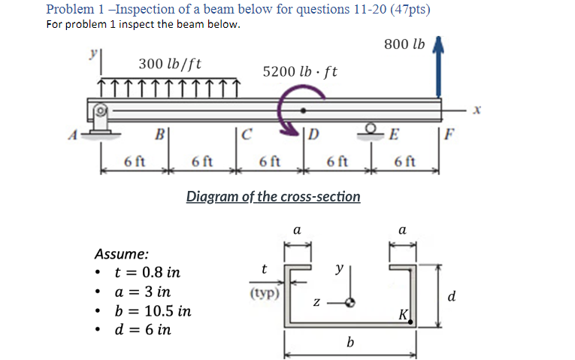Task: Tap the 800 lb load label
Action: point(404,45)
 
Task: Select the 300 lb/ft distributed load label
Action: point(170,63)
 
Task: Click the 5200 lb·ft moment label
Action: point(300,72)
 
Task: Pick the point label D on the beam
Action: point(313,136)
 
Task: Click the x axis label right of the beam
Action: point(477,111)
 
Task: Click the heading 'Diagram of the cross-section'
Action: point(273,197)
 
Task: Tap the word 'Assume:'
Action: point(121,254)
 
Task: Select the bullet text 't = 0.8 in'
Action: point(147,272)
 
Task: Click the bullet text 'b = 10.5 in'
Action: point(152,310)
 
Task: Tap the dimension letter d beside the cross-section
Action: point(451,297)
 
